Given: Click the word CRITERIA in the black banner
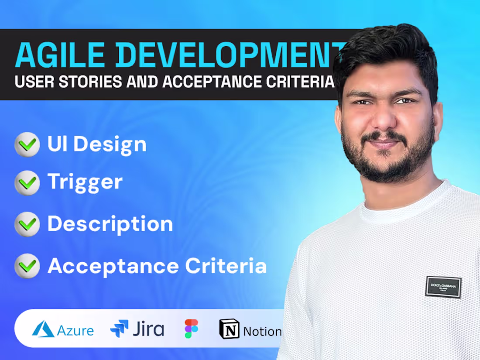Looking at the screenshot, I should [x=303, y=82].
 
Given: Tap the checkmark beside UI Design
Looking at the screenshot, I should [x=27, y=144].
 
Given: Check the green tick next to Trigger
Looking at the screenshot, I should [x=27, y=182].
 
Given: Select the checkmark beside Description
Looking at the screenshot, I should [x=27, y=224].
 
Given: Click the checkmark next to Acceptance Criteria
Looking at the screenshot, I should [x=27, y=266].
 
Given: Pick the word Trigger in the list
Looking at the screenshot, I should [x=85, y=182].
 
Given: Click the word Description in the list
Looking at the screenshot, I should [x=110, y=224].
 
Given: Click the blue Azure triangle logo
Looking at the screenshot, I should [x=43, y=329].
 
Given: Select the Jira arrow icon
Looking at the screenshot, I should [x=119, y=329].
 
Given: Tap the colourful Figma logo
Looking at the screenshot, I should [x=191, y=329].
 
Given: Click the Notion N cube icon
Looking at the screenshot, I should [x=229, y=329].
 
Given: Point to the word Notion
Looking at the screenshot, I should [x=262, y=332].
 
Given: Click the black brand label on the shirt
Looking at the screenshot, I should [x=443, y=287].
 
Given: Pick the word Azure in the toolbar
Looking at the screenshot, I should [x=75, y=330].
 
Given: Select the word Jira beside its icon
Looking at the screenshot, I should [x=148, y=329].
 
